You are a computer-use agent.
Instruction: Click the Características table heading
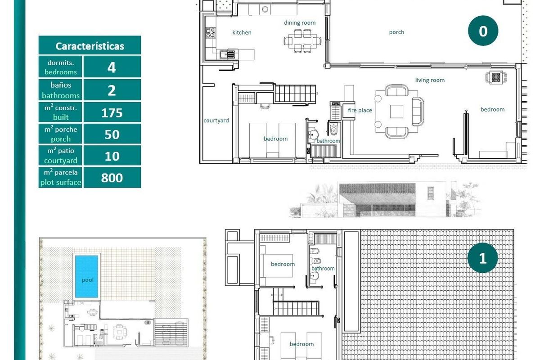click(x=90, y=46)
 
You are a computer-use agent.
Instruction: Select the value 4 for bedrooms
click(x=112, y=67)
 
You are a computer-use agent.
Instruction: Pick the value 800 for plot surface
click(x=112, y=178)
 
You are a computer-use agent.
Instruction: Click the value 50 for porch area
click(x=112, y=134)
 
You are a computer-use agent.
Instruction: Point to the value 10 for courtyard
click(x=112, y=156)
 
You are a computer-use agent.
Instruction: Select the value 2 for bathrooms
click(x=112, y=90)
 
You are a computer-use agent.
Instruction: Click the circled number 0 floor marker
click(x=483, y=31)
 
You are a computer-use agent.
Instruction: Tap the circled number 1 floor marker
click(x=483, y=258)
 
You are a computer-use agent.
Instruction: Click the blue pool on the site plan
click(x=87, y=276)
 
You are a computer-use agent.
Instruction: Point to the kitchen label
click(x=242, y=32)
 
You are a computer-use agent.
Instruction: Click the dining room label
click(x=299, y=22)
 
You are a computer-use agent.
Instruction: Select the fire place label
click(x=360, y=110)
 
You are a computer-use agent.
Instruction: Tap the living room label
click(x=430, y=80)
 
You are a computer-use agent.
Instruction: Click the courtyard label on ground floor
click(x=216, y=121)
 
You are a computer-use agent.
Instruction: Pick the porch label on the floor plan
click(x=396, y=32)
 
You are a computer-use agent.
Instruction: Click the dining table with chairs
click(x=303, y=41)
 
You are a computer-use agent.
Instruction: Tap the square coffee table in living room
click(x=396, y=111)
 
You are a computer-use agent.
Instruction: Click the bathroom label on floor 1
click(x=323, y=269)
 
